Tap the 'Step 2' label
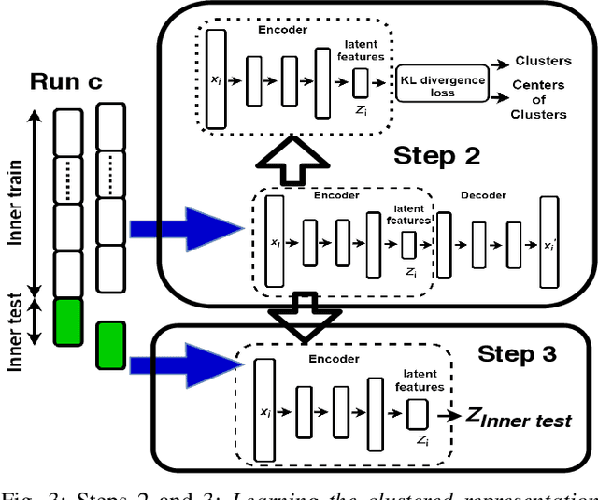point(437,155)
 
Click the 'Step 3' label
point(517,353)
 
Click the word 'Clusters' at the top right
point(543,61)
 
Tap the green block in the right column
point(111,344)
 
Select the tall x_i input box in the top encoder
point(217,79)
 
